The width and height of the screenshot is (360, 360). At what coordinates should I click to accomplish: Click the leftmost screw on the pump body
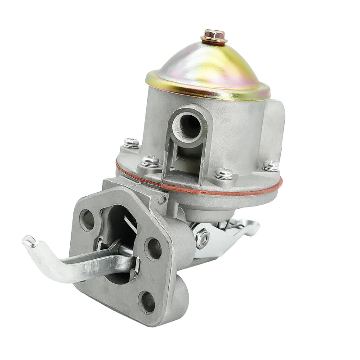[131, 143]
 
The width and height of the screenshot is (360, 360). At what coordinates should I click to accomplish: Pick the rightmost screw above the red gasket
[271, 165]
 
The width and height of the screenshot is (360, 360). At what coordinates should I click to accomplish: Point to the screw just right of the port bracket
[224, 173]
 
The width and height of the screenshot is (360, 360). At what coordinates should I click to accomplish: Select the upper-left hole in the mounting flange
[87, 220]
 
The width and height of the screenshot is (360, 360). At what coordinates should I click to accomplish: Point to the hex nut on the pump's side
[202, 237]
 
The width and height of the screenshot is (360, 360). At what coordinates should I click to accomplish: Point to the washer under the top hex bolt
[214, 40]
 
